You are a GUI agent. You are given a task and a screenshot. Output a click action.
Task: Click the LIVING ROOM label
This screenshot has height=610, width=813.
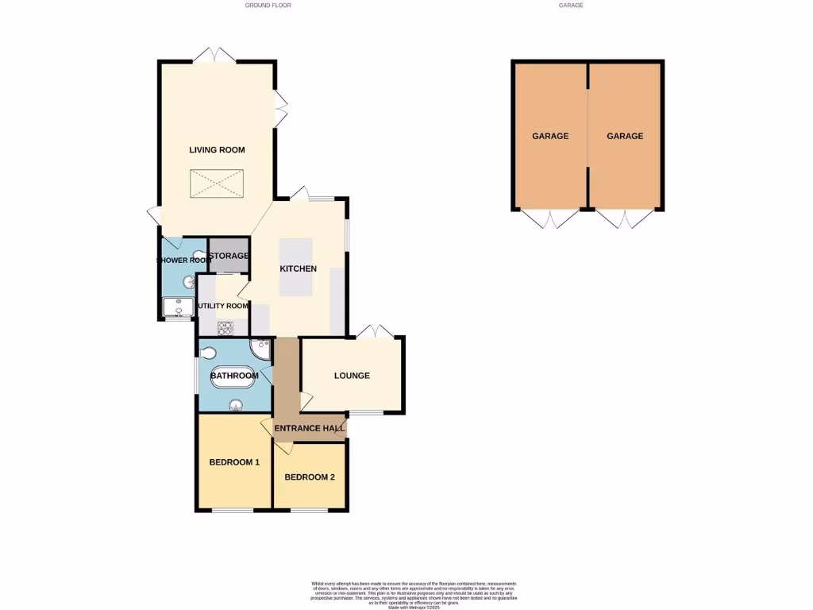point(217,149)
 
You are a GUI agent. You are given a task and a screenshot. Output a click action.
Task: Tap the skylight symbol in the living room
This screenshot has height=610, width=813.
point(217,184)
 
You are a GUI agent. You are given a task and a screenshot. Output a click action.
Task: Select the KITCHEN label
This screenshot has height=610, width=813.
point(298,268)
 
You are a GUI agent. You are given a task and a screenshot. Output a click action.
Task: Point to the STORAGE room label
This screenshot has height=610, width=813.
point(229,256)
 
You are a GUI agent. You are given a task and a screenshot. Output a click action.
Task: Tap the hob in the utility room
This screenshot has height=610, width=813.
point(225,327)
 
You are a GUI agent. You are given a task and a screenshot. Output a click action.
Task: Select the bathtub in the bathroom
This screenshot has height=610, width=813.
point(233,379)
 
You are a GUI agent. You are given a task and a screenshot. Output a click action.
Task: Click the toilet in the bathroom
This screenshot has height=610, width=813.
point(209,353)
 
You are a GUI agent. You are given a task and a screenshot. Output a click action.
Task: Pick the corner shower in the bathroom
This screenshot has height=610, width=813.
point(261,349)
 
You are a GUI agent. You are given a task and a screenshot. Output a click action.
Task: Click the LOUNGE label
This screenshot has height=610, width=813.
point(352,376)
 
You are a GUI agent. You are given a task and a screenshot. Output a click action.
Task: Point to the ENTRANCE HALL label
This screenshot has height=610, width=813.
point(309,429)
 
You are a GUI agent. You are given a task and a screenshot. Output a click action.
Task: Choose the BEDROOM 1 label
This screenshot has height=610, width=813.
point(234,462)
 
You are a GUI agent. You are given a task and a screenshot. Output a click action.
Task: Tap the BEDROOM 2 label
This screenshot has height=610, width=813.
point(310,477)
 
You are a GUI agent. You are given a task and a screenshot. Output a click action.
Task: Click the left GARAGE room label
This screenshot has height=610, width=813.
point(550,136)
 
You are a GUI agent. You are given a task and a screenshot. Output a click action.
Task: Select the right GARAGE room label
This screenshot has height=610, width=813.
point(625,136)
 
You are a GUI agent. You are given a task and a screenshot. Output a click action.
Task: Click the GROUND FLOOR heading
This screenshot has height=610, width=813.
point(268,6)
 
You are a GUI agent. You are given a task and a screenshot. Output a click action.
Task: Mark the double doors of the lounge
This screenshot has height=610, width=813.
point(374,330)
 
